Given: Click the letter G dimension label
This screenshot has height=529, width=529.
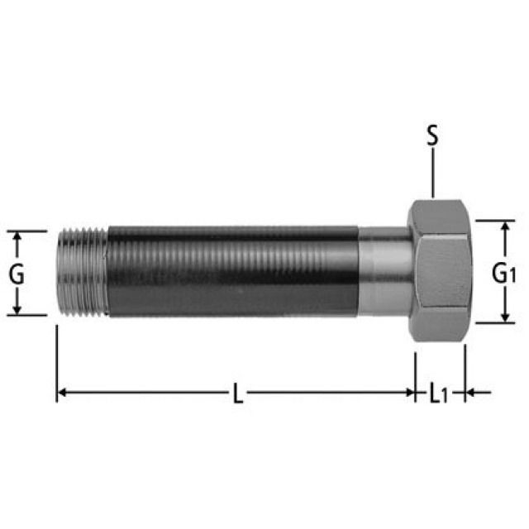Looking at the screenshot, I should (x=17, y=274).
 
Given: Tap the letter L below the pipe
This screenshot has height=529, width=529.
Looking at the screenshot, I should (x=237, y=394).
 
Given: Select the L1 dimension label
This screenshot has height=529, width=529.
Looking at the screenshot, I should (x=438, y=394).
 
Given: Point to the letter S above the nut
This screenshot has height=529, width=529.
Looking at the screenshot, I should (x=431, y=136).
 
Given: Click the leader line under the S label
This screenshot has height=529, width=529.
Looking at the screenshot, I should (x=431, y=176).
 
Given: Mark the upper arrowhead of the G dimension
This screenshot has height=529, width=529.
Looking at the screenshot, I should (x=17, y=236).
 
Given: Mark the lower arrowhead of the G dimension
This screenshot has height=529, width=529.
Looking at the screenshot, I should (x=17, y=310).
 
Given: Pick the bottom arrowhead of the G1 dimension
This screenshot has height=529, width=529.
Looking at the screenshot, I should (x=503, y=318).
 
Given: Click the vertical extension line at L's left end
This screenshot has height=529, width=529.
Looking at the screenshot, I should (x=56, y=364).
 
